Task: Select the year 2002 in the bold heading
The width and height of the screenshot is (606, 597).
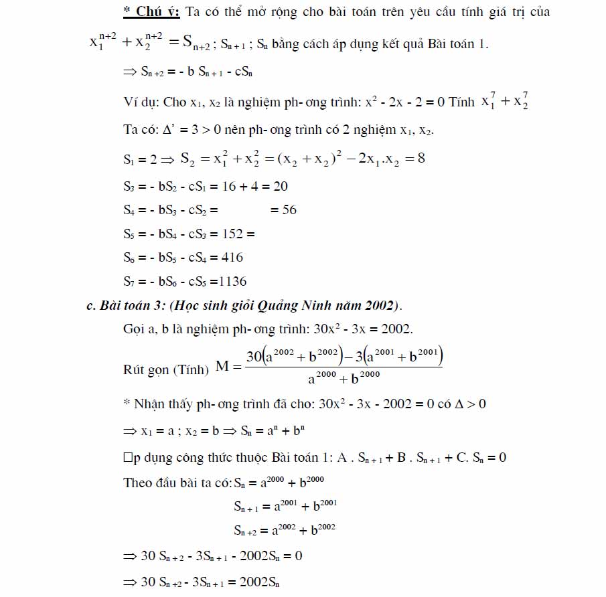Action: (x=381, y=306)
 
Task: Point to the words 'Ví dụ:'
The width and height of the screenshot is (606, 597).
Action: (x=141, y=102)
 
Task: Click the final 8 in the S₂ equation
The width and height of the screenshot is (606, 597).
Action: (x=421, y=159)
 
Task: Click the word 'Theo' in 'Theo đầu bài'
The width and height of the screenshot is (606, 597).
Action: (x=139, y=483)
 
